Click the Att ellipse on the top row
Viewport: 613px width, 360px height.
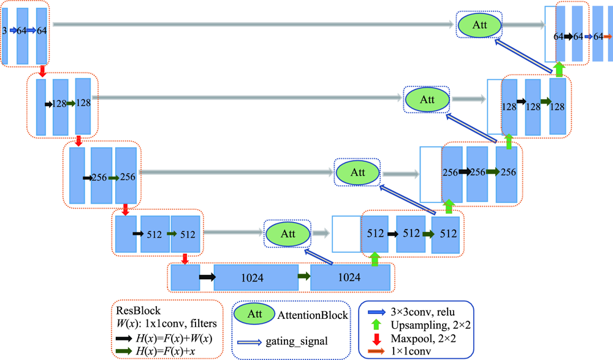[x=479, y=25]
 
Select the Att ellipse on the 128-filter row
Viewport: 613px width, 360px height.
[x=427, y=98]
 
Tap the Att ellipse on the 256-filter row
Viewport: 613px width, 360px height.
[x=357, y=172]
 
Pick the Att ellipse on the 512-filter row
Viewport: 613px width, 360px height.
[x=287, y=233]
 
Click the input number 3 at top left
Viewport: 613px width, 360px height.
[x=5, y=30]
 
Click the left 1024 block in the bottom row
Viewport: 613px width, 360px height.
[x=256, y=278]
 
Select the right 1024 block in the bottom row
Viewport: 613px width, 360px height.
[x=351, y=278]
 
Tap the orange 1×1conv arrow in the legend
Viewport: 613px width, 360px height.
[x=375, y=350]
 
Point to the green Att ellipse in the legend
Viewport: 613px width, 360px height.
[x=259, y=314]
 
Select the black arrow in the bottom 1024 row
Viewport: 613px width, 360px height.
[x=207, y=277]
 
